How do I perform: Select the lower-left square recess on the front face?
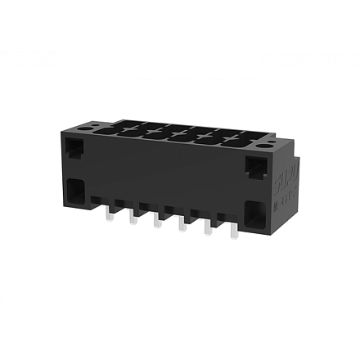77,192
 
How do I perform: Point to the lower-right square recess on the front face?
255,216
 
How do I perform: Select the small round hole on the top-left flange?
100,125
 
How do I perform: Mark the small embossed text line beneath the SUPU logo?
286,196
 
